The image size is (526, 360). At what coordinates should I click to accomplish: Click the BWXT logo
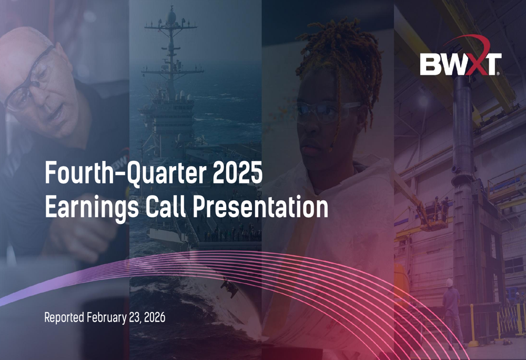[461, 56]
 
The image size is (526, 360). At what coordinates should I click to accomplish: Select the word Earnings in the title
[92, 207]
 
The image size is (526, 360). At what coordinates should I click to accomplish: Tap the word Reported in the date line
[64, 317]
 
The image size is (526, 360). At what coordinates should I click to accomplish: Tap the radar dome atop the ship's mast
[172, 17]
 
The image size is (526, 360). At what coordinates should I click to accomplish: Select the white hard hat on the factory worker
[450, 283]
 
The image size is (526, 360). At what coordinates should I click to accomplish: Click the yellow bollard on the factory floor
[473, 325]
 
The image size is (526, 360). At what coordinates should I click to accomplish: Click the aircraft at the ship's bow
[229, 288]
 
